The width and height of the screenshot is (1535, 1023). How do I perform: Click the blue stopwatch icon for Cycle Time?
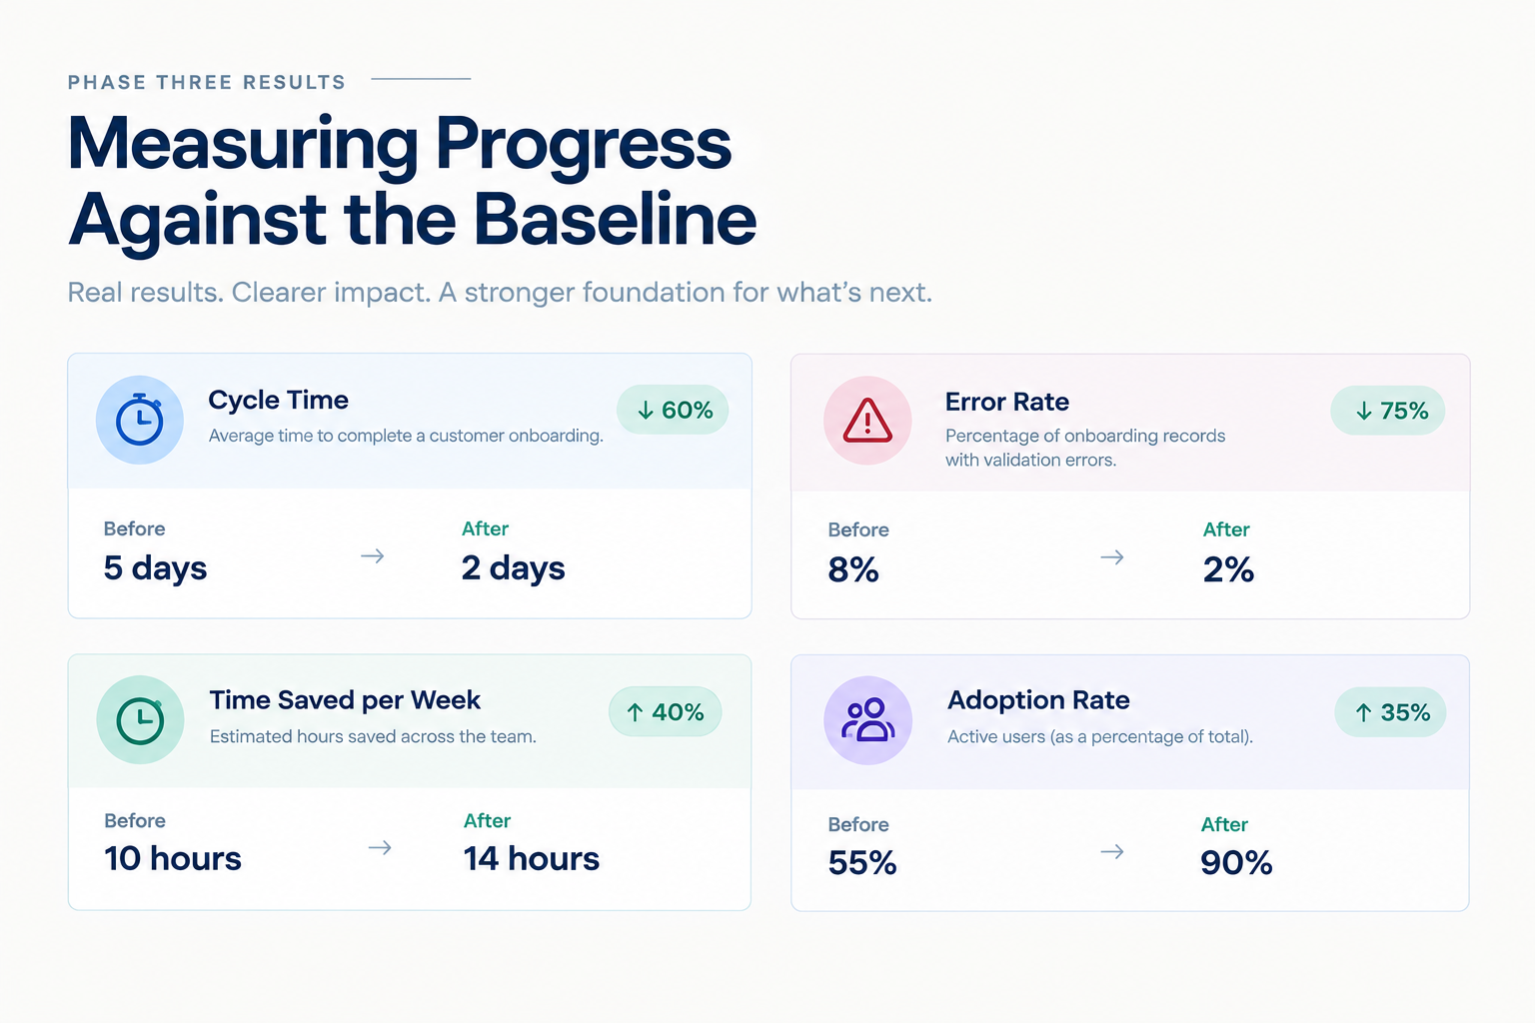139,420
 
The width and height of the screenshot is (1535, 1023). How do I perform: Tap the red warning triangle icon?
867,421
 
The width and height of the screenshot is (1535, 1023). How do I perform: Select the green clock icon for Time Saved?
140,720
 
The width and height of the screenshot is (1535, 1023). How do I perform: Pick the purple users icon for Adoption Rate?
867,720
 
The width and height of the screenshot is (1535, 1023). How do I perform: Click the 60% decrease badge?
673,410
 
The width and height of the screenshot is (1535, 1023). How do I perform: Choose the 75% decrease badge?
1388,411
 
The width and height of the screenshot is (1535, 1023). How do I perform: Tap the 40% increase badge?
665,712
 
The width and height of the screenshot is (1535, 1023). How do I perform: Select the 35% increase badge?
1390,712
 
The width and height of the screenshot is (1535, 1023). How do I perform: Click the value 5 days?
155,568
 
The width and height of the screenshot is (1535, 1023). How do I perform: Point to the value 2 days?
514,568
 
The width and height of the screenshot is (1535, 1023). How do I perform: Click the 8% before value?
853,569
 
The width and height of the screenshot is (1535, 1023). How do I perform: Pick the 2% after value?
1228,569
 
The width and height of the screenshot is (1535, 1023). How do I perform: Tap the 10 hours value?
173,858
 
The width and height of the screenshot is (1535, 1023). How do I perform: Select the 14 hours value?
531,858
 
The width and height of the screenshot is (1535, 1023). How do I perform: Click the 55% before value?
862,863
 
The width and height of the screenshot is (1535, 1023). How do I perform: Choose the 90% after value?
1236,863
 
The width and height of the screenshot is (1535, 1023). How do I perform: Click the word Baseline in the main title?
615,219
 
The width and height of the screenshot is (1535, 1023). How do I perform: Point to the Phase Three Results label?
206,82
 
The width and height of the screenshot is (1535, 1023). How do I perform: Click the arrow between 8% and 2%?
1112,557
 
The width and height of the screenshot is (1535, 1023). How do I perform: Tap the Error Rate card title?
1006,402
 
